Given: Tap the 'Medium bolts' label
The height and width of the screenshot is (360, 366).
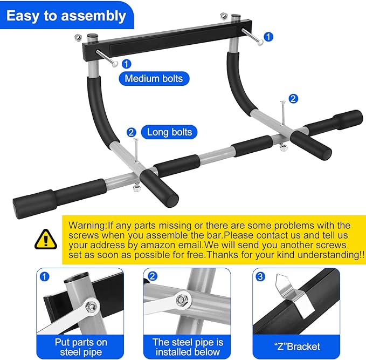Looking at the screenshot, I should tap(154, 79).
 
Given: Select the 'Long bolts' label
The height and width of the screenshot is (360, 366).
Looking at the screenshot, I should tap(169, 132).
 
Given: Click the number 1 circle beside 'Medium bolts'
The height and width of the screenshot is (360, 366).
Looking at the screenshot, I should tap(126, 64).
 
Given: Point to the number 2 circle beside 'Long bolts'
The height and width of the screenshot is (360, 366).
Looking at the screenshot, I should tap(131, 132).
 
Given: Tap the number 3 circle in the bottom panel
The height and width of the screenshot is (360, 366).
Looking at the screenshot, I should tap(260, 276).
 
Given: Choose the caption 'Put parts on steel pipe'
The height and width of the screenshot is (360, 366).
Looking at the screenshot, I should tap(81, 347).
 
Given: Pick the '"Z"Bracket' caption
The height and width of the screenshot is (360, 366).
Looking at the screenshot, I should tap(296, 347).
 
